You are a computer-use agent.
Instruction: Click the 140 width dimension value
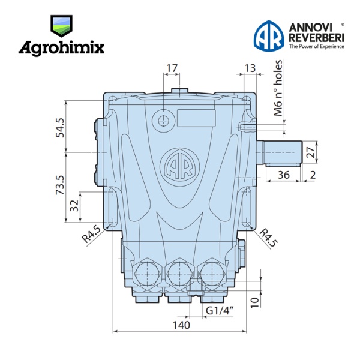(181, 325)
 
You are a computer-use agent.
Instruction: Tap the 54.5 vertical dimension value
(61, 128)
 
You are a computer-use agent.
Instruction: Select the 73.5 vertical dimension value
(61, 185)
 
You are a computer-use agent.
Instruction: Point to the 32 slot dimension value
(74, 205)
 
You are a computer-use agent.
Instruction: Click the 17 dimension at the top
(172, 68)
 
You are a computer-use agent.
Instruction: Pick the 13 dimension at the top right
(250, 68)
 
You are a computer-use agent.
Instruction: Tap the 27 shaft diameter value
(311, 152)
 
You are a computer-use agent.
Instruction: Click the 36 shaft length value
(284, 175)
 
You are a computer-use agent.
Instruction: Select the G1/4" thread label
(220, 311)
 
